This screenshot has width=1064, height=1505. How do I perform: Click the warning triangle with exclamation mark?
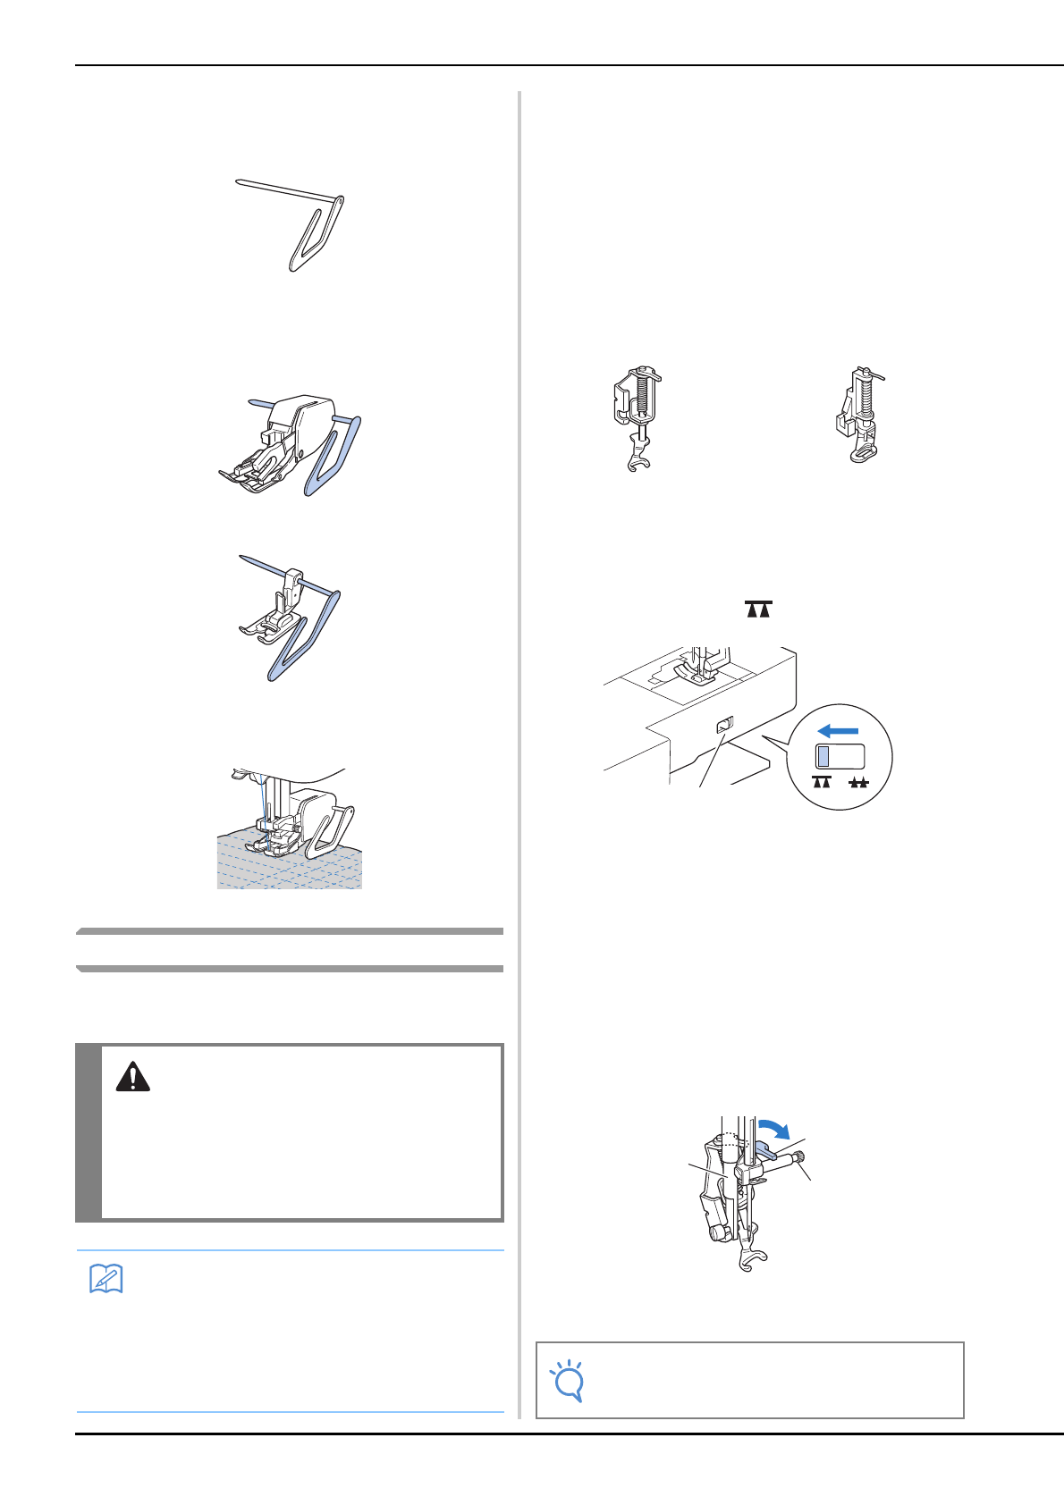pyautogui.click(x=132, y=1076)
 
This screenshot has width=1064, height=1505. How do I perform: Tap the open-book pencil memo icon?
pyautogui.click(x=106, y=1279)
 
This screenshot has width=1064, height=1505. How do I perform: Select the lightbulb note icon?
pyautogui.click(x=568, y=1380)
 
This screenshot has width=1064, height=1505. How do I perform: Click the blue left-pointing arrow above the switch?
pyautogui.click(x=838, y=731)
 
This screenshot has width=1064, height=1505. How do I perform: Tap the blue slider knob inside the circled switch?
pyautogui.click(x=823, y=757)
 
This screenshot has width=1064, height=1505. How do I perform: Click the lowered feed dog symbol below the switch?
pyautogui.click(x=858, y=783)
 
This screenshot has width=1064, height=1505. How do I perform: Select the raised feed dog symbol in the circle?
pyautogui.click(x=822, y=783)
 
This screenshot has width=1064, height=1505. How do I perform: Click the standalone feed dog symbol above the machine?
pyautogui.click(x=757, y=610)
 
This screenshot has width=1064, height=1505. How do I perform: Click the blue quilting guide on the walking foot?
pyautogui.click(x=334, y=456)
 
